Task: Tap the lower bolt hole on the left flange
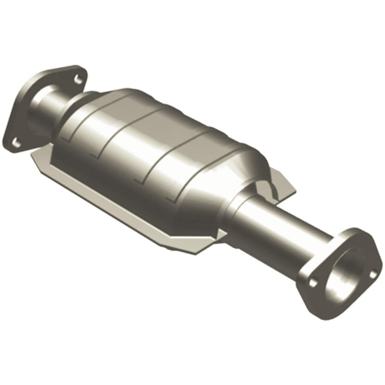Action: coord(17,142)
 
